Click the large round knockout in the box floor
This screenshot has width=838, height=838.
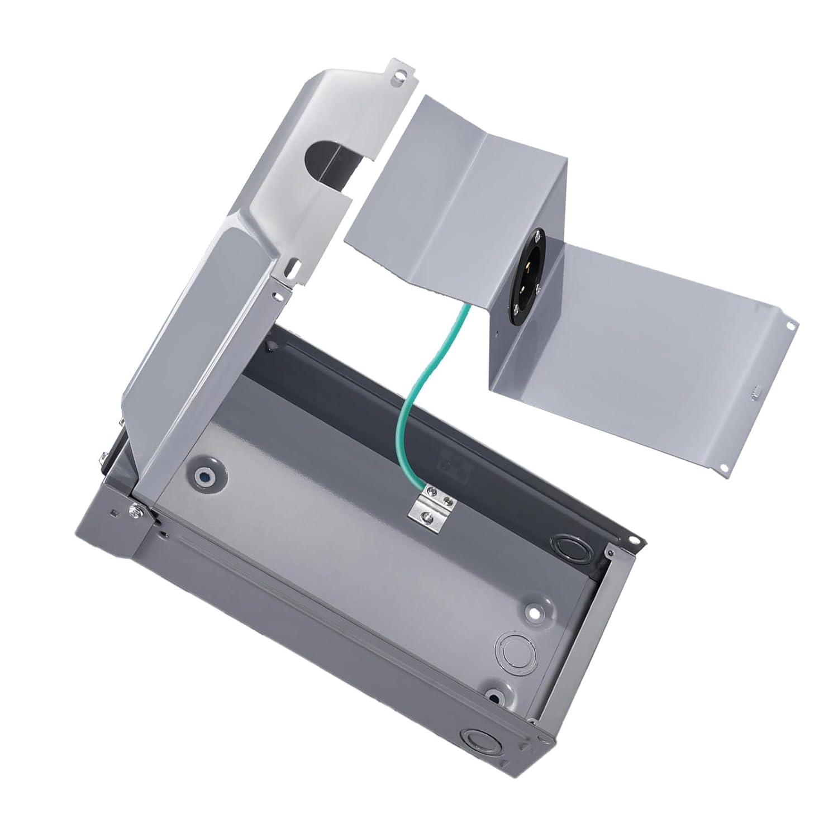pyautogui.click(x=513, y=647)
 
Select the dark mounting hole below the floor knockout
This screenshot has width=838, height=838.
pyautogui.click(x=494, y=696)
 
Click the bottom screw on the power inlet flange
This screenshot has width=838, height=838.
pyautogui.click(x=536, y=288)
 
